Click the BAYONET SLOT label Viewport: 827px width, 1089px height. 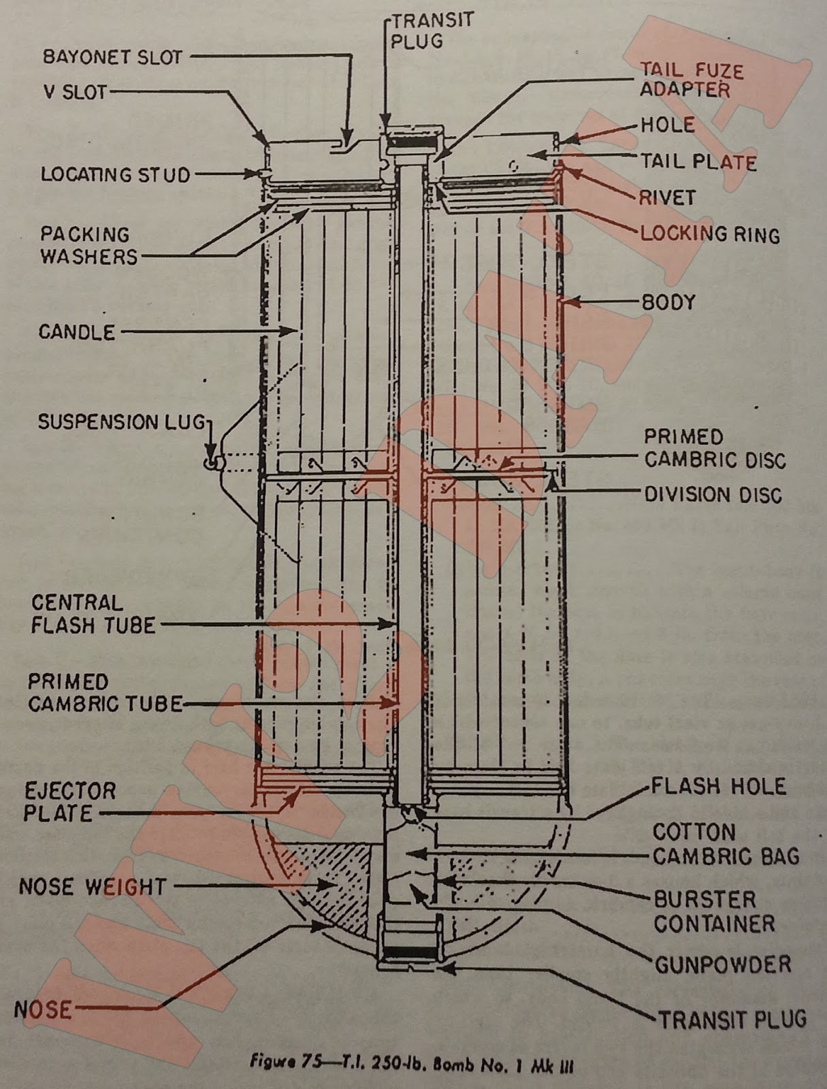(x=112, y=57)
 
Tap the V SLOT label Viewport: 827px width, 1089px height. (x=76, y=92)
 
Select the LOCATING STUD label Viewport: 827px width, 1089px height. (x=115, y=175)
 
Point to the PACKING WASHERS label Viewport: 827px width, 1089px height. (x=88, y=246)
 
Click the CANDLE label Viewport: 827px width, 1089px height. (x=76, y=332)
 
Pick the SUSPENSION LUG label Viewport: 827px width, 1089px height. (x=121, y=422)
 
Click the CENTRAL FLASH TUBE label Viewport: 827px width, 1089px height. (x=93, y=614)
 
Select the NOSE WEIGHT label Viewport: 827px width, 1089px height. (x=93, y=887)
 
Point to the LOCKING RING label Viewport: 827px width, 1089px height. (x=710, y=235)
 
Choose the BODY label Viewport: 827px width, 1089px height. (x=669, y=302)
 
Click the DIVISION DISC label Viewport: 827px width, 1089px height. (x=713, y=495)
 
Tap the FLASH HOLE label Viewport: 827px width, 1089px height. (x=718, y=787)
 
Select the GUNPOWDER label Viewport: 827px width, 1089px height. (x=723, y=964)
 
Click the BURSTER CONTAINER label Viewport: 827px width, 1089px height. (x=714, y=912)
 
